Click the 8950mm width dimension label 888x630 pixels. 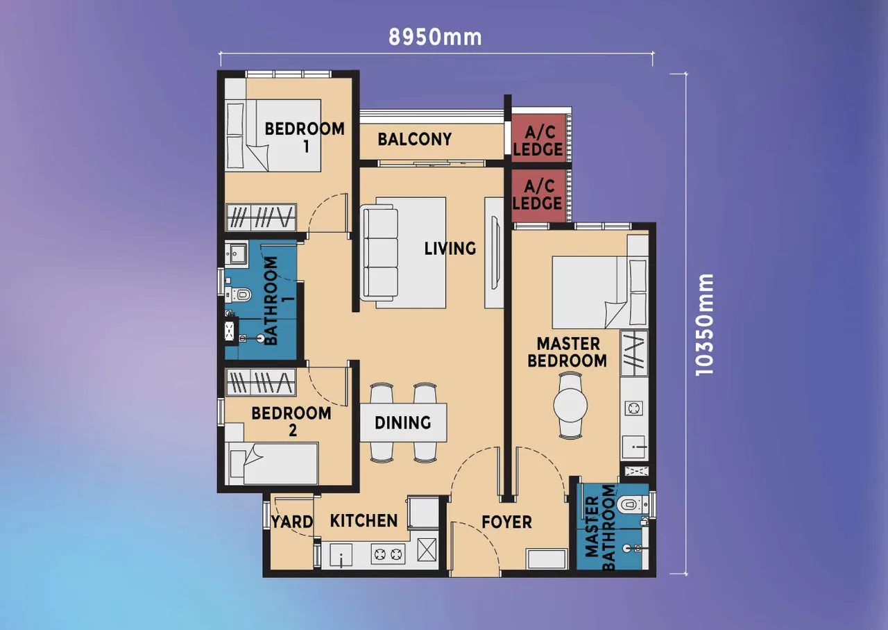tap(435, 37)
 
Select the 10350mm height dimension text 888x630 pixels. tap(706, 324)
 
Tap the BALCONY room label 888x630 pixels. tap(414, 139)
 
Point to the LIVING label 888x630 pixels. tap(450, 248)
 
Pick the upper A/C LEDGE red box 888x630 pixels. tap(538, 139)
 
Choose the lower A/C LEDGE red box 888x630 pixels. tap(538, 195)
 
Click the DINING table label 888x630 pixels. tap(402, 422)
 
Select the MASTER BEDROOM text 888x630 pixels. tap(567, 352)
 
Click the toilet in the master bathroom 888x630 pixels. tap(629, 504)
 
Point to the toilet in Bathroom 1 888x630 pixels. tap(240, 295)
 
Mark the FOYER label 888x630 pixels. tap(507, 522)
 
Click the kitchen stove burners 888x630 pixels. tap(388, 554)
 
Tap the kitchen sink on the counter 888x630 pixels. tap(341, 555)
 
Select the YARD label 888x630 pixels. tap(291, 522)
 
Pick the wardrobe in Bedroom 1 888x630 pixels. tap(262, 217)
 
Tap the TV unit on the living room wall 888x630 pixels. tap(495, 253)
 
